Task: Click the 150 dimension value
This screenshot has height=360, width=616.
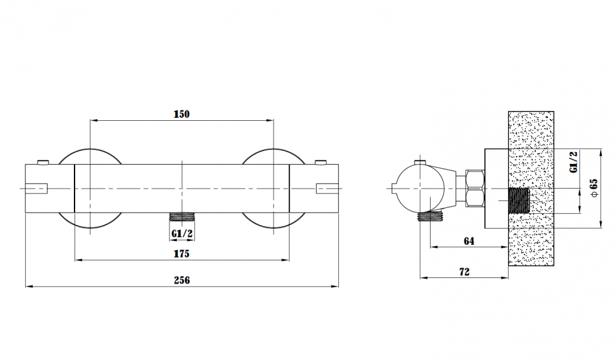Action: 182,114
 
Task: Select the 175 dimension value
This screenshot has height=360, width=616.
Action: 182,254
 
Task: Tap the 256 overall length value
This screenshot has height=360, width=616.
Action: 182,280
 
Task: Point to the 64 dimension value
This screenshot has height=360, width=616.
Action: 469,241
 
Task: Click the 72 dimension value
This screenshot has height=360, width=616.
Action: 464,272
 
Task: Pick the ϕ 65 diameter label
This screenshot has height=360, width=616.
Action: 594,188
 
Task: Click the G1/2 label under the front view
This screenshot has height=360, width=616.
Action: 182,234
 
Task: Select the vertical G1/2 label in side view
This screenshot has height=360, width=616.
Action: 573,162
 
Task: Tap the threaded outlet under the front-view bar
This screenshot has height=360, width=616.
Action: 182,217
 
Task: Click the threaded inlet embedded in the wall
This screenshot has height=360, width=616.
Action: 519,200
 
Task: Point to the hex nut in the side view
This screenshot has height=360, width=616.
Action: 474,189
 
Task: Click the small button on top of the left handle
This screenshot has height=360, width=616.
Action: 43,162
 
